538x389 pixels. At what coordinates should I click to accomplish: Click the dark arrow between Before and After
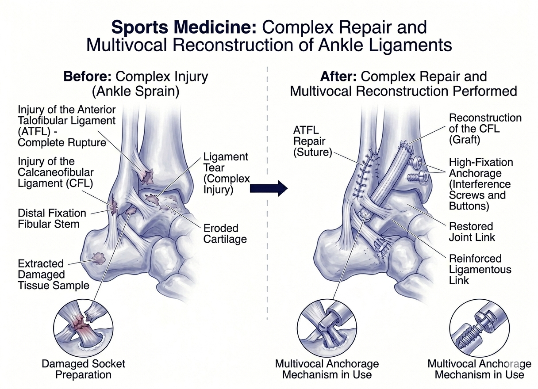coord(269,188)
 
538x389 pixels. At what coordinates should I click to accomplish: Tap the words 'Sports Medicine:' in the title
coord(184,27)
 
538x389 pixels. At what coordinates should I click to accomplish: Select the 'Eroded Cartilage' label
coord(225,233)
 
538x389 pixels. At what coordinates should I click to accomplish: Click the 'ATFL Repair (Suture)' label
coord(312,141)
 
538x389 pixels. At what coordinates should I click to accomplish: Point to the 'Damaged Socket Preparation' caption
coord(83,369)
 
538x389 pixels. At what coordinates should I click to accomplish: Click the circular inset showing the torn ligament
coord(83,328)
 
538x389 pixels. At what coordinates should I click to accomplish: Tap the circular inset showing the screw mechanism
coord(480,328)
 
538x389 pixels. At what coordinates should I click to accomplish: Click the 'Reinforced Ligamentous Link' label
coord(480,270)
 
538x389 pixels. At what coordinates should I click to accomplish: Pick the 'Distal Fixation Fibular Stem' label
coord(52,219)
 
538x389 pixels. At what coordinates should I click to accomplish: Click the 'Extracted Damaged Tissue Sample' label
coord(54,275)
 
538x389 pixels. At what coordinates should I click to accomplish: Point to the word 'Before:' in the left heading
coord(88,76)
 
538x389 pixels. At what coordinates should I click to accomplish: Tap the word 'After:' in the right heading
coord(338,76)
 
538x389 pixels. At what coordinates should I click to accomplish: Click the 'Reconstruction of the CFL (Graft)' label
coord(485,129)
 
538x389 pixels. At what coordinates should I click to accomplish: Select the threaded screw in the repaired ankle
coord(417,177)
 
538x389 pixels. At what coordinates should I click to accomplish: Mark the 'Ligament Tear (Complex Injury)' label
coord(226,173)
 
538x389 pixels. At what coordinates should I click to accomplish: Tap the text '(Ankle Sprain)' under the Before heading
coord(136,92)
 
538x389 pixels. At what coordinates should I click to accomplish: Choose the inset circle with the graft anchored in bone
coord(327,328)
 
